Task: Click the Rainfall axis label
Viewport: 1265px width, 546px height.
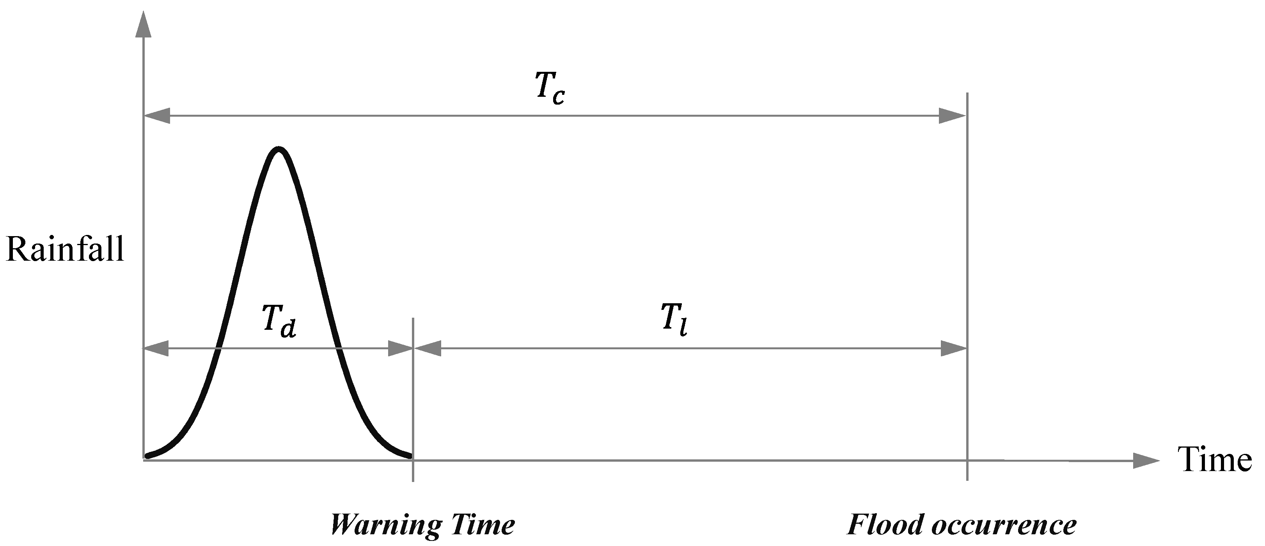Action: pos(65,250)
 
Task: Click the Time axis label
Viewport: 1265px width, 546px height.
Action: pos(1215,461)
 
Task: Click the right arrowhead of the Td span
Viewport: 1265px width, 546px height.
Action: pos(400,349)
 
